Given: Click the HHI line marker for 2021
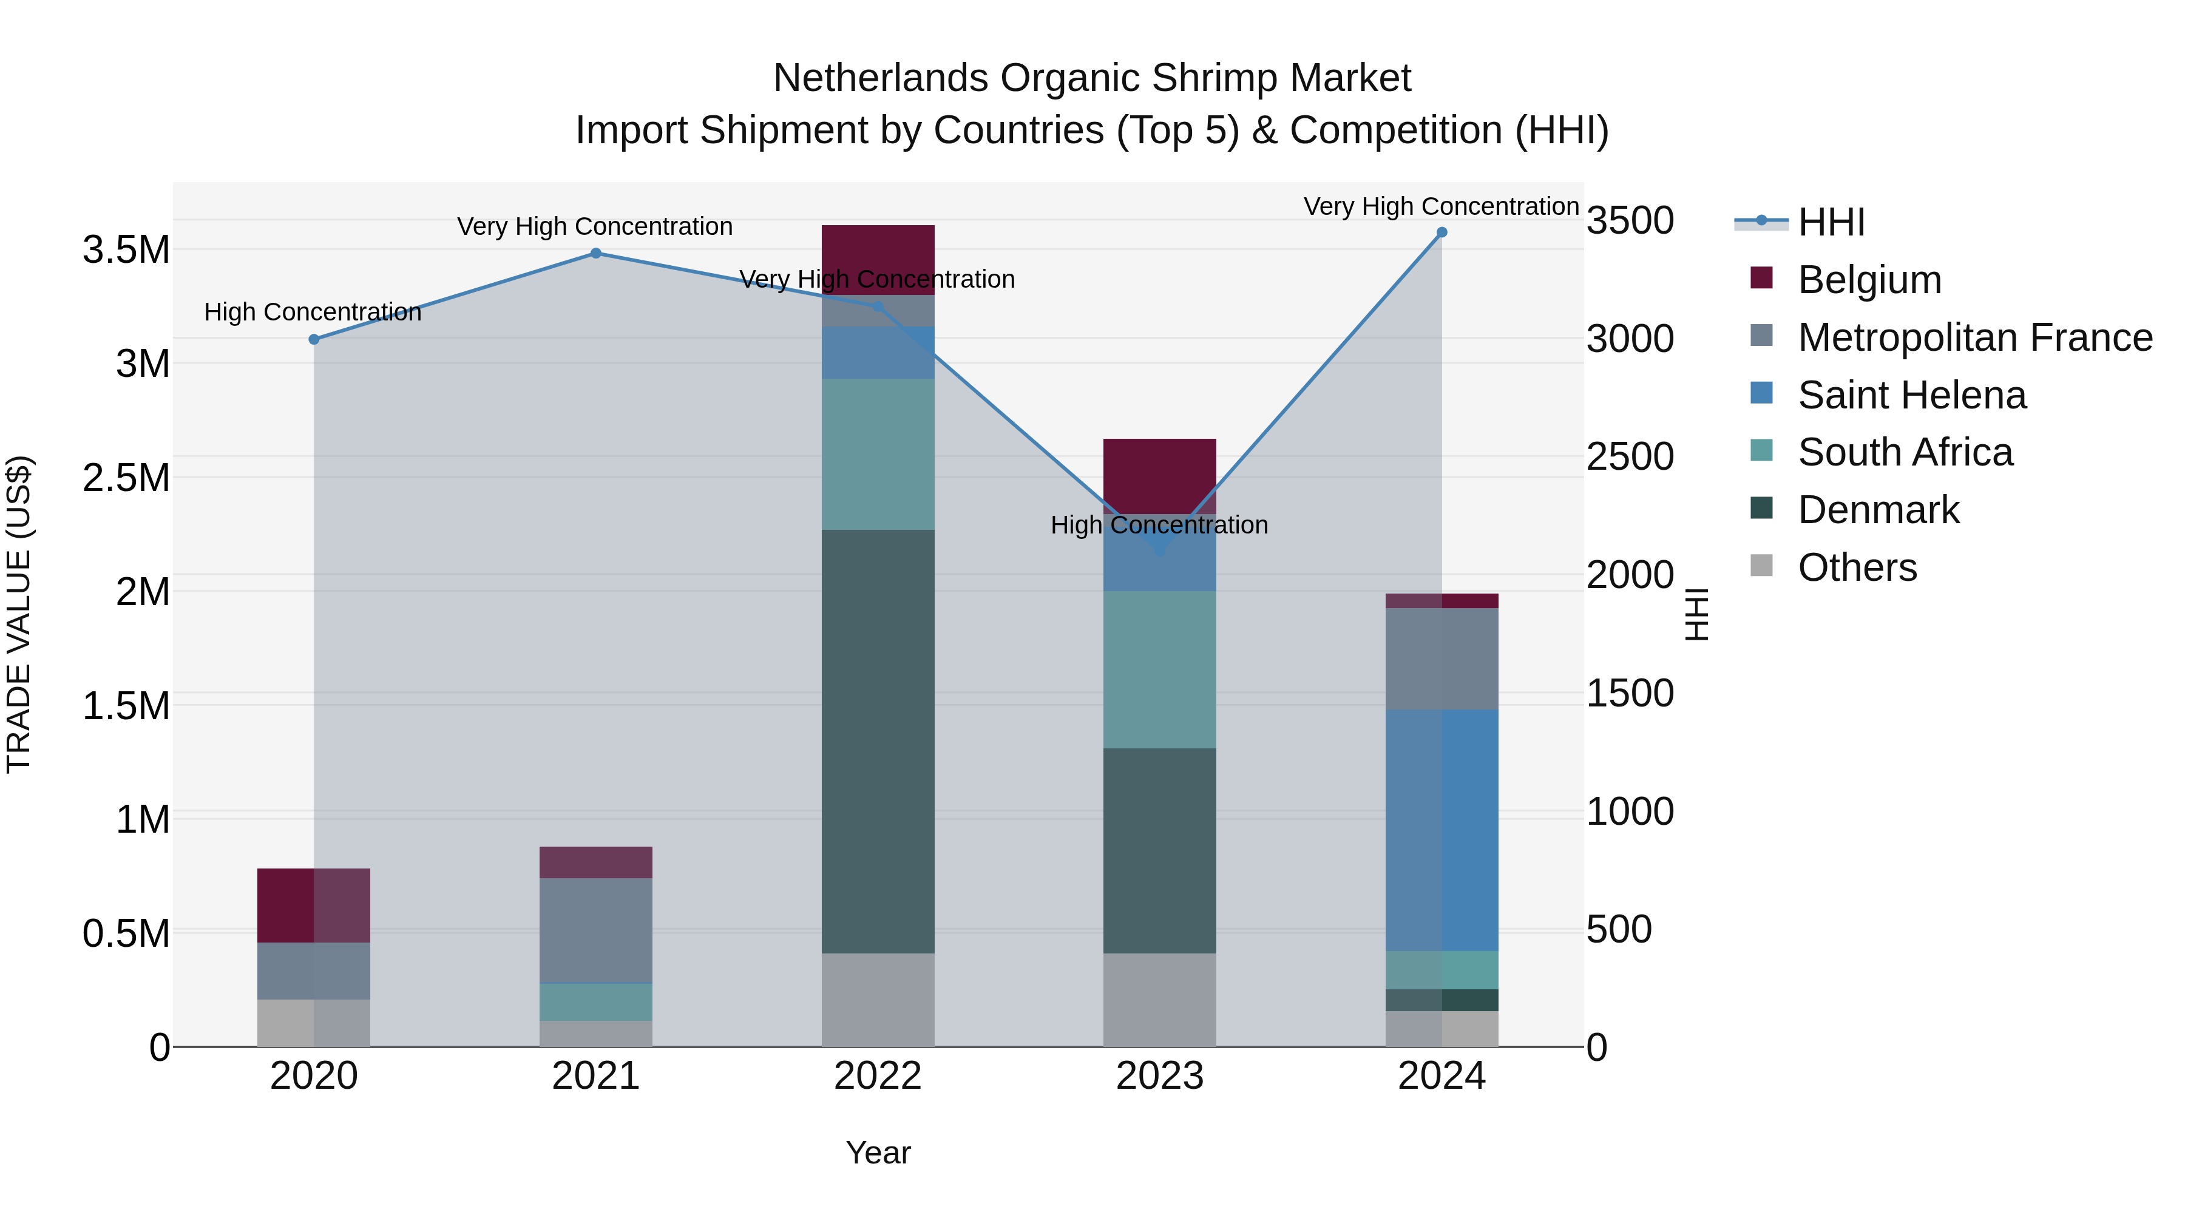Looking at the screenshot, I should point(595,252).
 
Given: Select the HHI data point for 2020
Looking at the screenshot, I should point(314,339).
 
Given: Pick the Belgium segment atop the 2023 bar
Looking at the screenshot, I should point(1159,475).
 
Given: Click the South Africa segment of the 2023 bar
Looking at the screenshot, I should point(1159,669).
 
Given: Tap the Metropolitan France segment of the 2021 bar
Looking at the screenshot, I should point(595,930).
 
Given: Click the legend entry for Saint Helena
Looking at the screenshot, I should point(1911,395).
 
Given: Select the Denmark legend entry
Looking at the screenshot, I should point(1878,510).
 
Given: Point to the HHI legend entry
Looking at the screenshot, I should point(1831,222).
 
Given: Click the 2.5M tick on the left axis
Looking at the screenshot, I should point(126,478).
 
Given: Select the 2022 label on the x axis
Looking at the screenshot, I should point(878,1076).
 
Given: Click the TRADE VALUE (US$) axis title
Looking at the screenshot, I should point(19,614).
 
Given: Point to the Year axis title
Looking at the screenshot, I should point(878,1153).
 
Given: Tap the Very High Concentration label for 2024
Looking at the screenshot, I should point(1440,206).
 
